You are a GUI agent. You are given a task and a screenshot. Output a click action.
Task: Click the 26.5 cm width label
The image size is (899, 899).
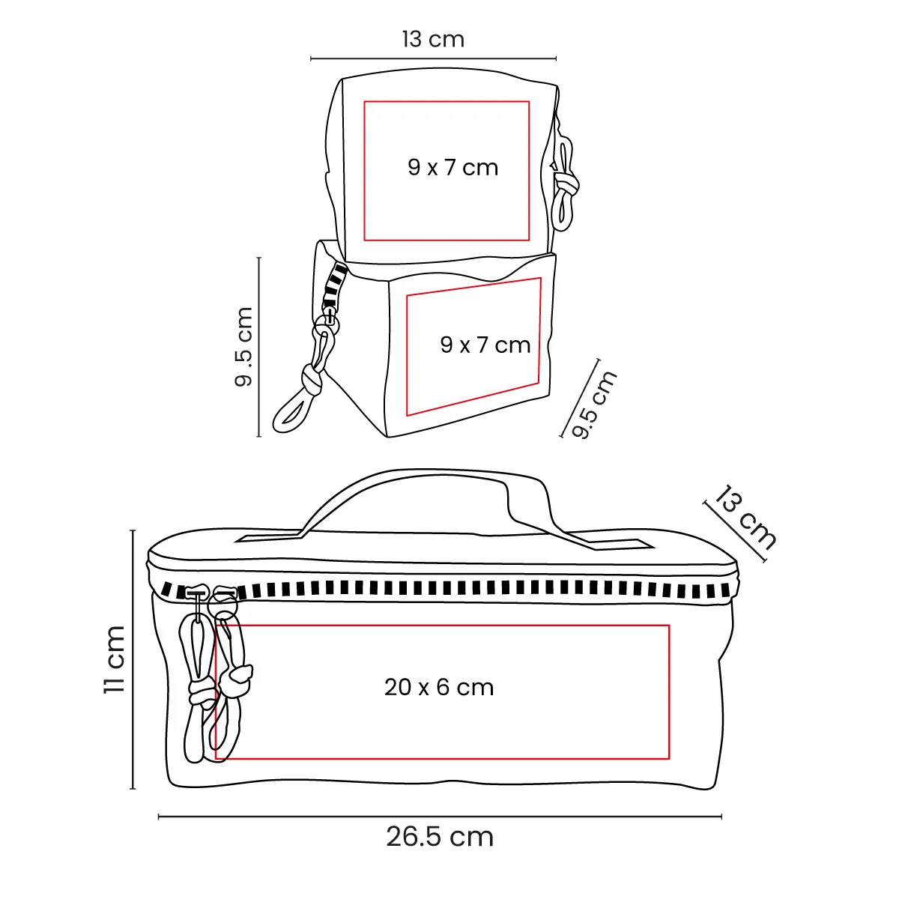440,837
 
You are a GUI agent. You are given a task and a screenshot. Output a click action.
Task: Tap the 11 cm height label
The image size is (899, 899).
115,659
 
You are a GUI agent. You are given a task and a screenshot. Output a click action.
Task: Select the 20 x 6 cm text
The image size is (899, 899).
439,687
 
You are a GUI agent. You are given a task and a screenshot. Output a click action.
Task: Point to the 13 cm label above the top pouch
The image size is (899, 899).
433,39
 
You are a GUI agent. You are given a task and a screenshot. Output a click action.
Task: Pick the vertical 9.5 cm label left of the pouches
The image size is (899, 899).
244,346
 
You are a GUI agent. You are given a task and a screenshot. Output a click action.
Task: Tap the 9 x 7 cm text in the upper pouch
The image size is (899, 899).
452,167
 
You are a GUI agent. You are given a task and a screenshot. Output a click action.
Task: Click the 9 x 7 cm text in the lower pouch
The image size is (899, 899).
485,345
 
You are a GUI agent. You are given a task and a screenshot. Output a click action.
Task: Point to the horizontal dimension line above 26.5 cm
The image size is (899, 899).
440,817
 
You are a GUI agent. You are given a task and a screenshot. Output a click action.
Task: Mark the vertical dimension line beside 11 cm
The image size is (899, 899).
133,659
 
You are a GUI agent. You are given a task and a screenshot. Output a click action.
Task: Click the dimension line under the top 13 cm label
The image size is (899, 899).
433,58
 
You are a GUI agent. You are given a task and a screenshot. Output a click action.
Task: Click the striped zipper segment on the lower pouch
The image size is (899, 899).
333,288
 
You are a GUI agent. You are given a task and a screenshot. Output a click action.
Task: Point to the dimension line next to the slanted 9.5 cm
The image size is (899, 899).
581,397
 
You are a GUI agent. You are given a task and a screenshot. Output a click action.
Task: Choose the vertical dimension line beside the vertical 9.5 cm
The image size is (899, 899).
259,346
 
